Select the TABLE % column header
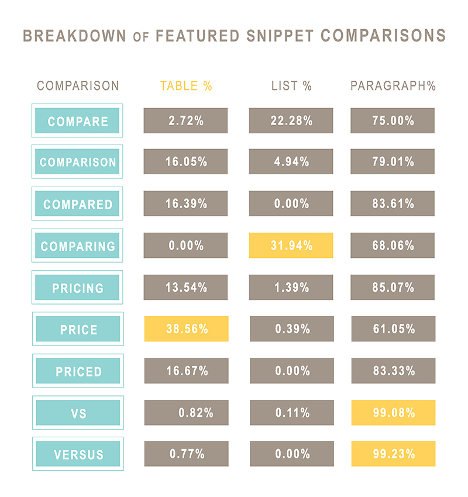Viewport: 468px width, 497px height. [186, 86]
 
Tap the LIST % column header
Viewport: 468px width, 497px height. [291, 86]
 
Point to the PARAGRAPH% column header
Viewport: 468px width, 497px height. [393, 86]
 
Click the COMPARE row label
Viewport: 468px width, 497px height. [77, 122]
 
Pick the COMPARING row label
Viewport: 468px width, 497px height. [77, 246]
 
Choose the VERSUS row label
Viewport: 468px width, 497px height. [78, 454]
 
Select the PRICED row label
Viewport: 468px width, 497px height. [78, 371]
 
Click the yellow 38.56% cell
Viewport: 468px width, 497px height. [186, 329]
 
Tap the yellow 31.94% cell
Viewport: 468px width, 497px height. [291, 246]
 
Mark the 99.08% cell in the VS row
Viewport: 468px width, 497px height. [393, 412]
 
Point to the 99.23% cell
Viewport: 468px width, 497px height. [393, 453]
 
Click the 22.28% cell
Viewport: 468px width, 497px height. [291, 120]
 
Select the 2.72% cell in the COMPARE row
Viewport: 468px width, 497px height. [186, 120]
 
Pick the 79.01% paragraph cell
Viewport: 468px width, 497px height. [393, 162]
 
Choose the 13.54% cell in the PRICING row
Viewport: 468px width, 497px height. [186, 287]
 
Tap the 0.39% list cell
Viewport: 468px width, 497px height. [291, 329]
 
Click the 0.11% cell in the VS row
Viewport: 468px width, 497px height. [291, 412]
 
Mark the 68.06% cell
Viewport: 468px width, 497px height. [393, 246]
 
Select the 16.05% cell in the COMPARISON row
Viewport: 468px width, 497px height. [186, 162]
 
